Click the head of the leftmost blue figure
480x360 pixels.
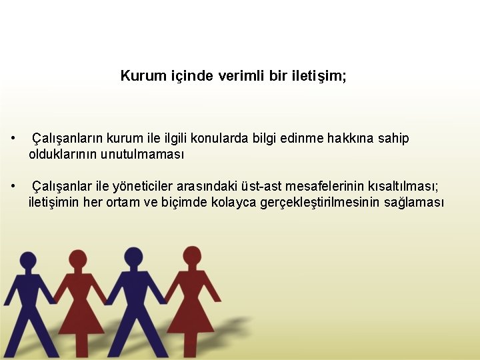28,261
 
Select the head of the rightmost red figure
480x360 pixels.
192,255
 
